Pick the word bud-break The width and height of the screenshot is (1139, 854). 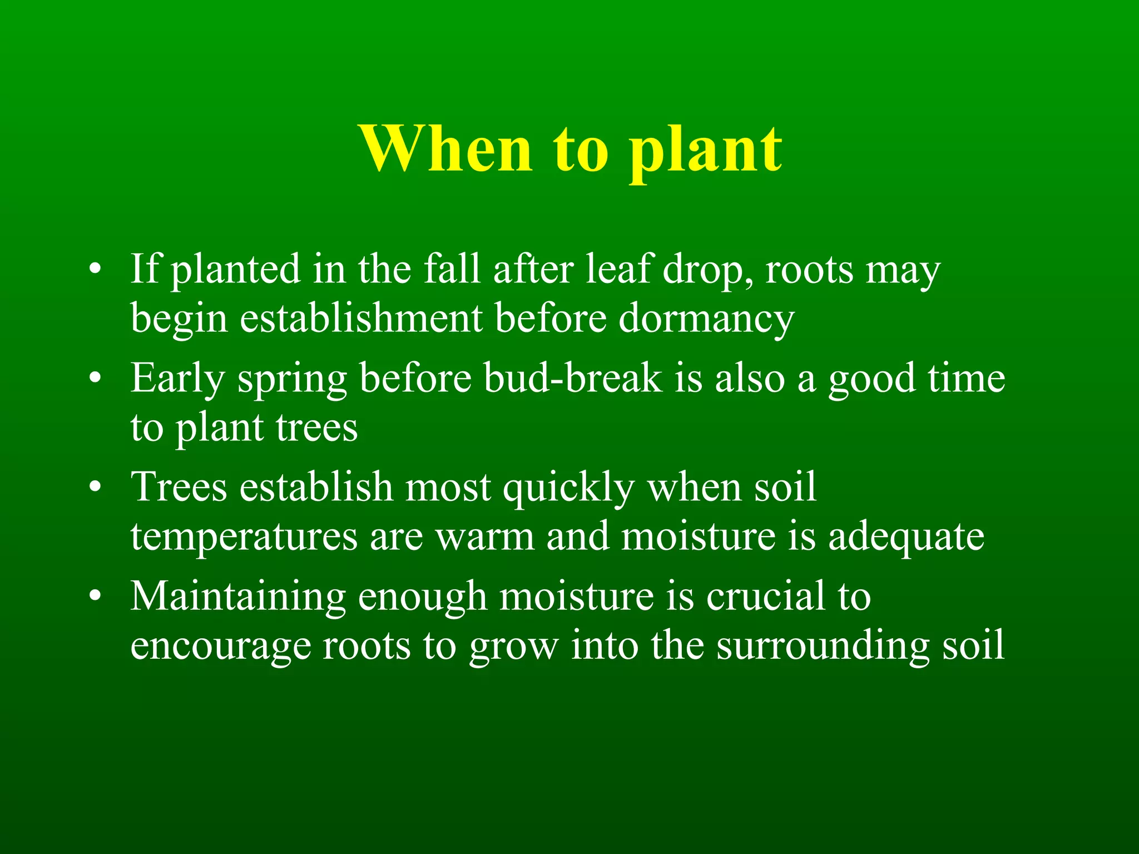(573, 378)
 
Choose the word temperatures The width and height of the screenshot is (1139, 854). (244, 537)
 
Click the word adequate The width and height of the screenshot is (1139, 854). (906, 537)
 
